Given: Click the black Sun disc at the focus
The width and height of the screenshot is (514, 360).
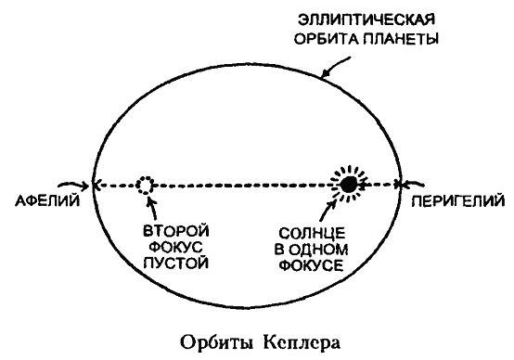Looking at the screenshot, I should pos(348,185).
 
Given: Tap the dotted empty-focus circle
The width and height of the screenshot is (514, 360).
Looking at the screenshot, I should pos(145,185).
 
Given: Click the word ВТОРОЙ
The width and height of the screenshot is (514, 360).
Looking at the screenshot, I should pos(173,231).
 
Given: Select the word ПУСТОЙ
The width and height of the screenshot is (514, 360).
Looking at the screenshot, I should pos(173,264).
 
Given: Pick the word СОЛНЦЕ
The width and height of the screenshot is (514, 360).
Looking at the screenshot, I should pos(314,231).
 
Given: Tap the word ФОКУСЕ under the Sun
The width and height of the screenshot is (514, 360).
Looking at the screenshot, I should pos(314,264).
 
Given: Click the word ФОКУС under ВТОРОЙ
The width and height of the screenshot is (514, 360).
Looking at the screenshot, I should pos(173,248).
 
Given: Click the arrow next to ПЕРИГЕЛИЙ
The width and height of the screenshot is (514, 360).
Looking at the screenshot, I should pos(423,184).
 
